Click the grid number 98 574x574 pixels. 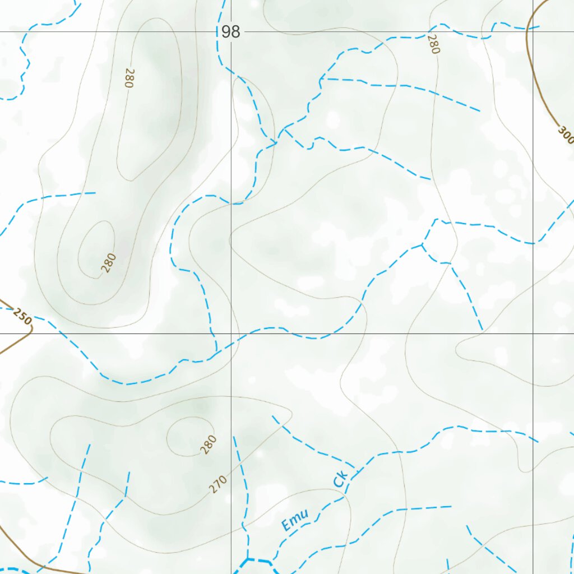tap(230, 32)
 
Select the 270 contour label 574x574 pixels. tap(218, 484)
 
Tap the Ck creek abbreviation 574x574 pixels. tap(340, 479)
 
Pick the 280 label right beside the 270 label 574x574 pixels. tap(208, 444)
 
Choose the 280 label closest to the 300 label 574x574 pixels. tap(433, 44)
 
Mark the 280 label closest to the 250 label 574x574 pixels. tap(109, 263)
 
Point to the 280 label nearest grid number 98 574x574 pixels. tap(129, 78)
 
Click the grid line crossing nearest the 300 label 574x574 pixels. tap(533, 32)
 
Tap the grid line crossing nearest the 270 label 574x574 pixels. tap(231, 334)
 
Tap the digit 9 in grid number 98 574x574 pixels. tap(226, 32)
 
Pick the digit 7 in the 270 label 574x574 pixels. tap(218, 484)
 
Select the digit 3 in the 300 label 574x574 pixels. tap(562, 130)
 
